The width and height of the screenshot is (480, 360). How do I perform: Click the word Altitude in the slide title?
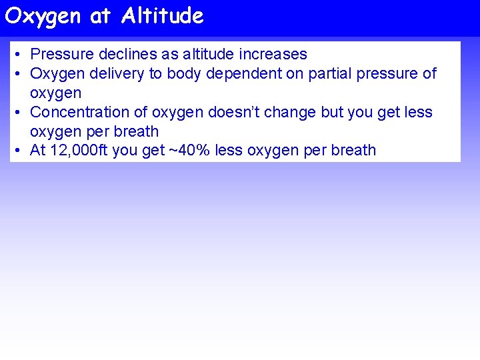(162, 16)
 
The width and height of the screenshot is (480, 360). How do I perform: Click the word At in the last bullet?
(37, 151)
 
